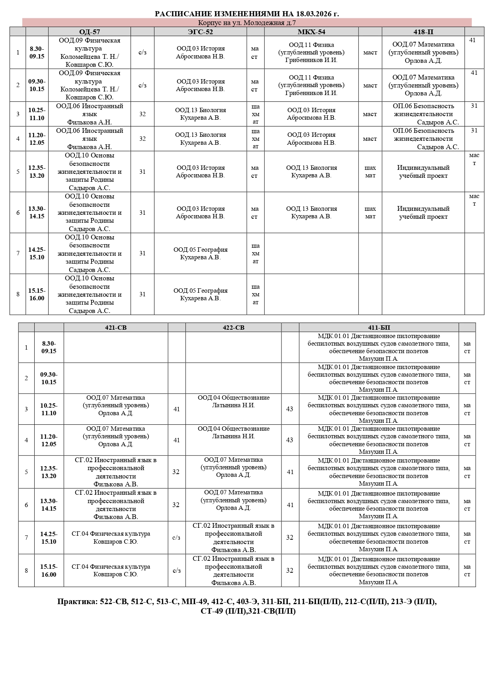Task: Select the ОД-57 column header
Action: coord(90,32)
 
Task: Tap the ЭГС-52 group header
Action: coord(200,32)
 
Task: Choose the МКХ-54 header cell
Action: coord(311,32)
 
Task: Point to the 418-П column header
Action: coord(423,32)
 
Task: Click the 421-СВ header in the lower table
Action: coord(116,328)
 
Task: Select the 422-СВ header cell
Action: coord(233,328)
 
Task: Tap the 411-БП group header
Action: coord(379,328)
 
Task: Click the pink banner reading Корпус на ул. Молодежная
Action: coord(247,23)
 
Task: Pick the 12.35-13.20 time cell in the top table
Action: coord(37,172)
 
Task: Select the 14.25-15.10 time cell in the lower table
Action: coord(49,538)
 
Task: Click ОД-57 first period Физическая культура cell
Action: coord(90,52)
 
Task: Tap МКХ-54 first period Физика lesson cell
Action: coord(311,52)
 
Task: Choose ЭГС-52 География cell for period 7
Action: coord(200,253)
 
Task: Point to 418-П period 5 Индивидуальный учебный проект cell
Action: coord(423,172)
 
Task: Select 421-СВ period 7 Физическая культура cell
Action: coord(116,538)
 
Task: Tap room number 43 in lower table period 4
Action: coord(290,440)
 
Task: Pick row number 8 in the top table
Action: coord(18,294)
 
